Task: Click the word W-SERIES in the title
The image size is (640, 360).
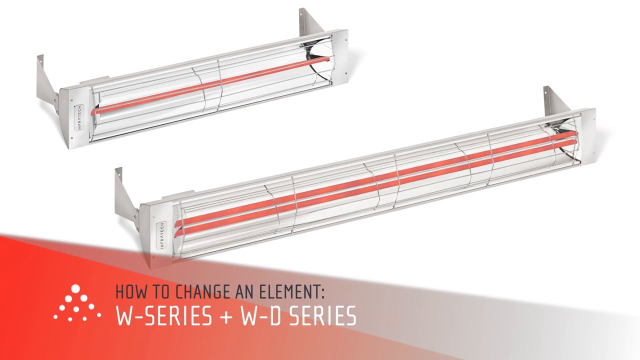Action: pos(163,315)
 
